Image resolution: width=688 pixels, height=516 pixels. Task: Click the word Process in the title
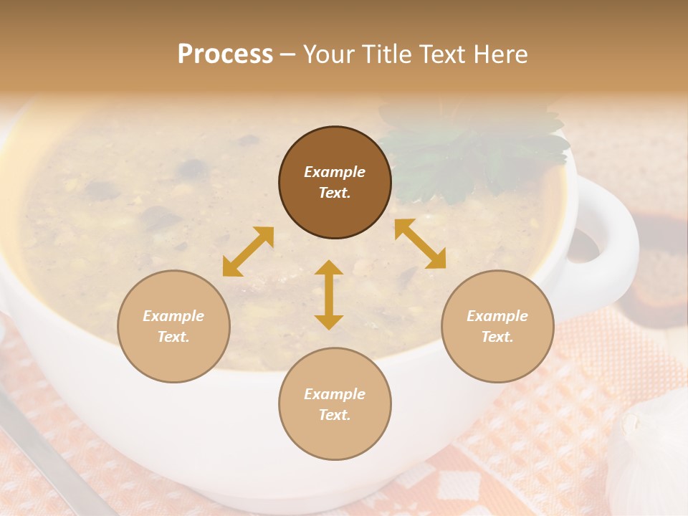[x=225, y=54]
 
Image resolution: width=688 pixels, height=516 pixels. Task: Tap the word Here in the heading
[x=501, y=54]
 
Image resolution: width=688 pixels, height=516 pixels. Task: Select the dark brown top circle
[x=335, y=183]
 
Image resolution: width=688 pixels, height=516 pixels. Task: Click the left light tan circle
[x=173, y=327]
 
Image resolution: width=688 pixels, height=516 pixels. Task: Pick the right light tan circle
[x=497, y=327]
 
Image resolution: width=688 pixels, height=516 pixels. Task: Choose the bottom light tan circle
[x=335, y=404]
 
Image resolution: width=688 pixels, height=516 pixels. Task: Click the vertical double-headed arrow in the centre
[x=329, y=295]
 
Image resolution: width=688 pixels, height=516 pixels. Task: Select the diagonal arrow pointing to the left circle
[x=248, y=252]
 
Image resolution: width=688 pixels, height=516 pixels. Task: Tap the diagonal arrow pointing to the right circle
[x=421, y=244]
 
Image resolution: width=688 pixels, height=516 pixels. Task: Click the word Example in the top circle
[x=335, y=172]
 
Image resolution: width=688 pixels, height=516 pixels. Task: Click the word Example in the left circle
[x=173, y=316]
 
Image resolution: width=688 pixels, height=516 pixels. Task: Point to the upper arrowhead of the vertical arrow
[x=329, y=269]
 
